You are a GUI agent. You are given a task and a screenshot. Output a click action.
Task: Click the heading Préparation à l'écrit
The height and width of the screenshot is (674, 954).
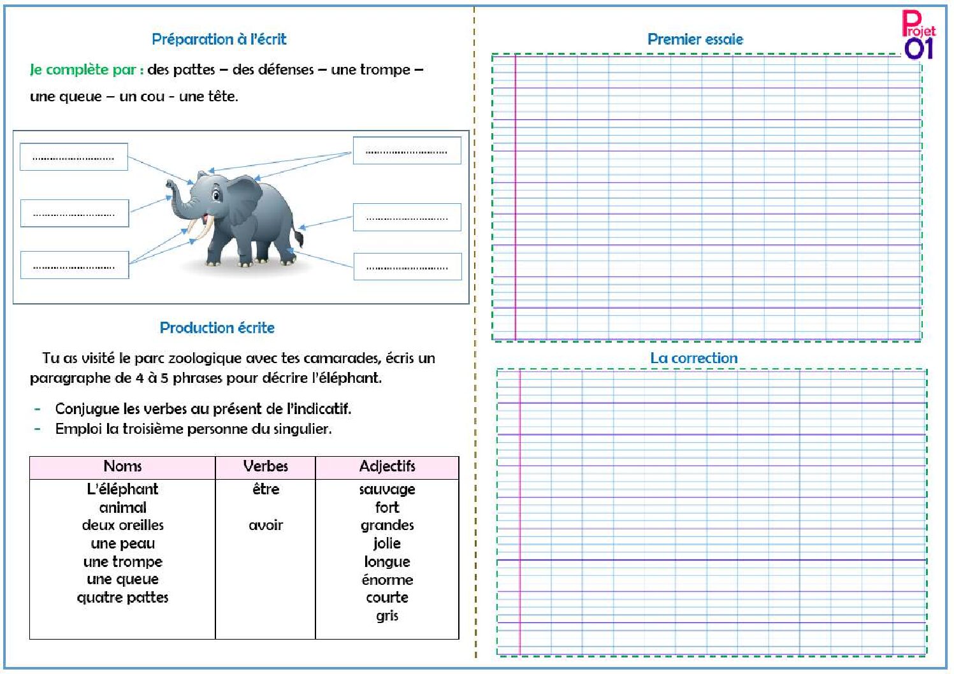(x=219, y=39)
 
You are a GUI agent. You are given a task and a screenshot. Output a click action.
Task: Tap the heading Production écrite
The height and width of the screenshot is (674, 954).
(x=217, y=328)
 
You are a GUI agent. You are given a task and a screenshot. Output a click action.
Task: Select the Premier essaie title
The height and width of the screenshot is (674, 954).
(x=695, y=39)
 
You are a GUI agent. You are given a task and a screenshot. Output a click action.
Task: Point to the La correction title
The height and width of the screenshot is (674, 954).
(x=693, y=358)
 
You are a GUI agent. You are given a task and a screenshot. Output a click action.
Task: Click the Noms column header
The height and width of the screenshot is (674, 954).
(x=122, y=466)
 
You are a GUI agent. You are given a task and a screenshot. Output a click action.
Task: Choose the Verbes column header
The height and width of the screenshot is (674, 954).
(x=265, y=466)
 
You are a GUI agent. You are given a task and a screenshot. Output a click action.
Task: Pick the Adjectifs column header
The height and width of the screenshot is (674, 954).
(x=387, y=466)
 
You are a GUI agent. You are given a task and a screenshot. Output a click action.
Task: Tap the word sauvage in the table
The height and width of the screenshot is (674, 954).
(x=387, y=489)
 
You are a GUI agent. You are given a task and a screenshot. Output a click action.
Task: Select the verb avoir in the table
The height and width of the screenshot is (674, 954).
(x=265, y=526)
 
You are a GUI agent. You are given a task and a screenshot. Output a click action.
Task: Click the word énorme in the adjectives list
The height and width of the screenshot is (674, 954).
(x=387, y=580)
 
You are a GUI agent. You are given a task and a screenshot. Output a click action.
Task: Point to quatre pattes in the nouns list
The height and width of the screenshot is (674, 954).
(x=122, y=598)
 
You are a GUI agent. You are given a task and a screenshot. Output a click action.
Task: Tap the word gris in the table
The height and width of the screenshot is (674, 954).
(x=387, y=615)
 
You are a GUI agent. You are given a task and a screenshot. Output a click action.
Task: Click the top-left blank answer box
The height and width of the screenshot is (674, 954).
(x=73, y=157)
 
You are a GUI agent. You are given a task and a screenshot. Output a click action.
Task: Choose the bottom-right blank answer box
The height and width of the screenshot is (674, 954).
(x=407, y=266)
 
